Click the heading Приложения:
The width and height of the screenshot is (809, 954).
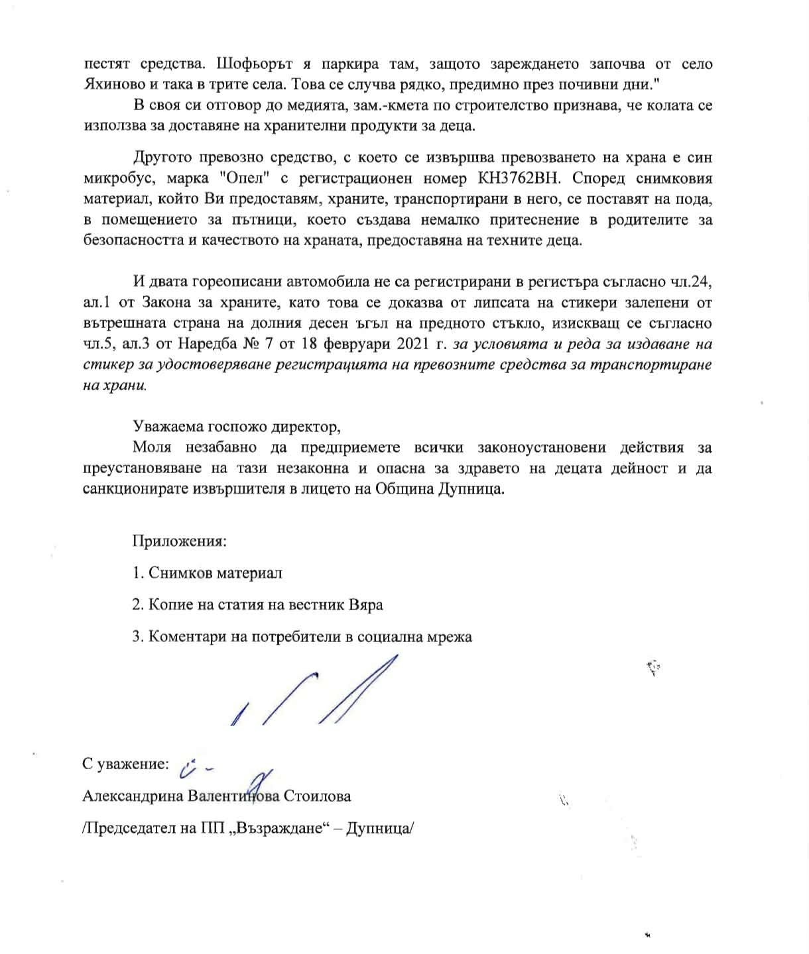click(x=180, y=541)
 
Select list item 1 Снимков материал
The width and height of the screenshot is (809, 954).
click(x=208, y=572)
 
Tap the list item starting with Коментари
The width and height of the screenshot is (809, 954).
click(x=302, y=636)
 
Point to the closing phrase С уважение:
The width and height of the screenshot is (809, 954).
click(x=125, y=764)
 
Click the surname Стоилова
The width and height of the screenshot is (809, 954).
click(x=317, y=796)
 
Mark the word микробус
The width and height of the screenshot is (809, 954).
click(x=117, y=178)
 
